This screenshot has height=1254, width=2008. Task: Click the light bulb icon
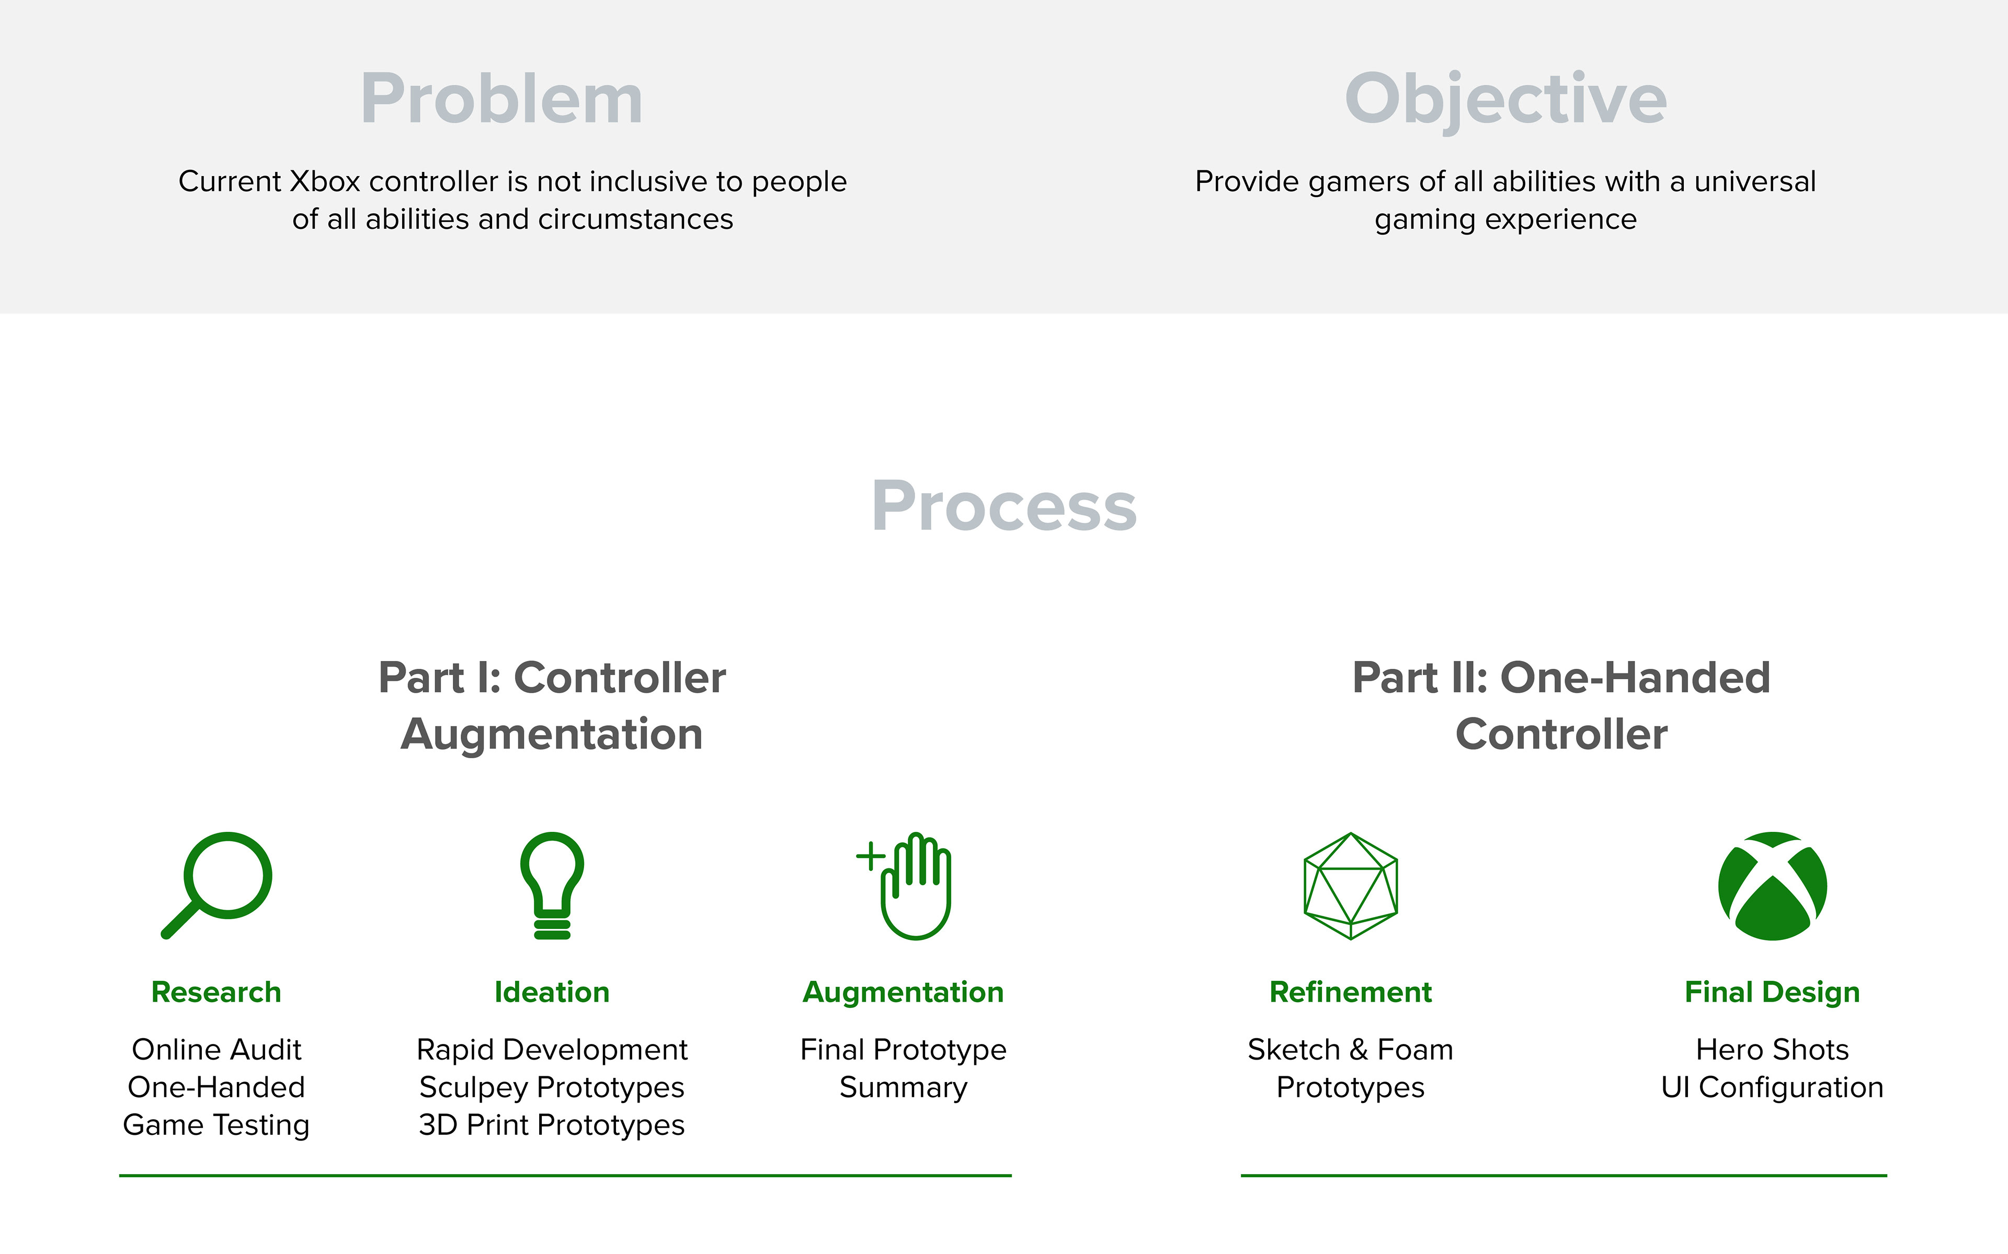[x=552, y=885]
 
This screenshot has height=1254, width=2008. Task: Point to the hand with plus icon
[x=905, y=885]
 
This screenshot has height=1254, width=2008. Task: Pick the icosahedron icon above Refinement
[x=1351, y=886]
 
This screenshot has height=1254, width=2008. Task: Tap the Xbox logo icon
[x=1772, y=886]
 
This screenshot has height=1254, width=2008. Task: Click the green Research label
[x=216, y=992]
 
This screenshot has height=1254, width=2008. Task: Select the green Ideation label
[x=552, y=992]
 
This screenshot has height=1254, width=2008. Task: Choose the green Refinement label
[x=1351, y=992]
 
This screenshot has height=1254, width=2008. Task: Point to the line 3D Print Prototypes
[x=552, y=1125]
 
